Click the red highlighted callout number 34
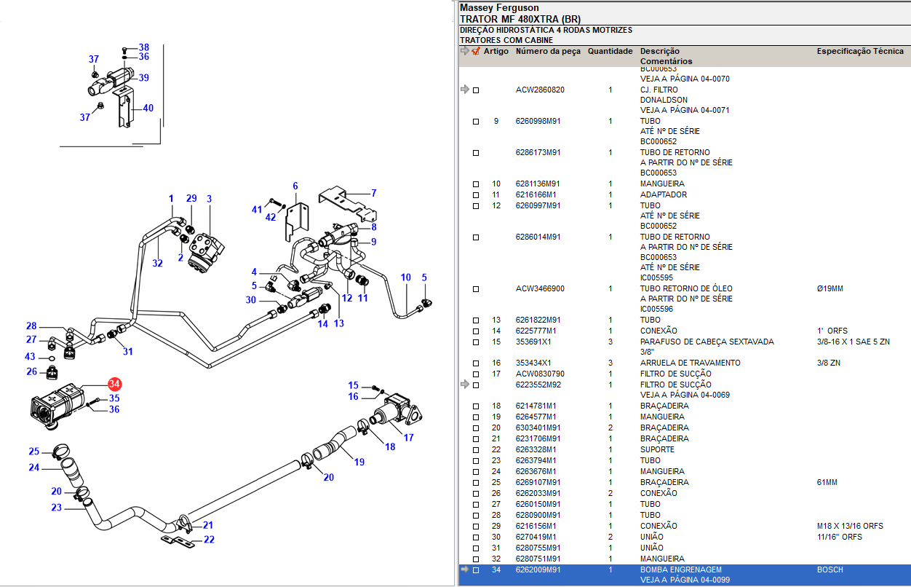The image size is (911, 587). pyautogui.click(x=114, y=384)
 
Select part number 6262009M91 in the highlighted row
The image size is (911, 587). pyautogui.click(x=538, y=570)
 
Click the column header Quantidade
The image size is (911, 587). pyautogui.click(x=610, y=52)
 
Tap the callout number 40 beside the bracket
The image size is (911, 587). pyautogui.click(x=148, y=108)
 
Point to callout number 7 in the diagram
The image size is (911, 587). pyautogui.click(x=373, y=193)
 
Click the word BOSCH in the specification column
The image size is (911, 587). pyautogui.click(x=830, y=570)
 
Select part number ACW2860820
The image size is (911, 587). pyautogui.click(x=540, y=90)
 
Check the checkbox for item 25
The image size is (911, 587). pyautogui.click(x=476, y=483)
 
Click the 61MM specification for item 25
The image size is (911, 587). pyautogui.click(x=827, y=482)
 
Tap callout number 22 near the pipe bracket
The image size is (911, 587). pyautogui.click(x=209, y=540)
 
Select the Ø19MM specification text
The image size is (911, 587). pyautogui.click(x=830, y=288)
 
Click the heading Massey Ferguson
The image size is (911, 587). pyautogui.click(x=493, y=7)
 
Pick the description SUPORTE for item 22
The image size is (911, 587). pyautogui.click(x=657, y=449)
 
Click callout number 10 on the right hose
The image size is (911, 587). pyautogui.click(x=406, y=277)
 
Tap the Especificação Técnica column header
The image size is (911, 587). pyautogui.click(x=860, y=52)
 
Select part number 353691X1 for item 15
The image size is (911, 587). pyautogui.click(x=533, y=342)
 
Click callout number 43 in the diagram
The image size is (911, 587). pyautogui.click(x=30, y=356)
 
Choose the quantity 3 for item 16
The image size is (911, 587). pyautogui.click(x=610, y=363)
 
